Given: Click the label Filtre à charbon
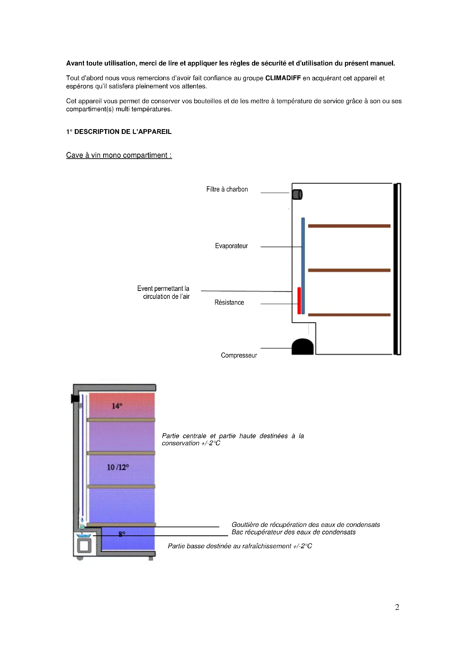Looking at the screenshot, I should tap(227, 189).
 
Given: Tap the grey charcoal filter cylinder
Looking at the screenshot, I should tap(297, 194).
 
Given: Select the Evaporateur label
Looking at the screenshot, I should tap(231, 246).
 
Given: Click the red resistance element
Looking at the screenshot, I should tap(299, 301).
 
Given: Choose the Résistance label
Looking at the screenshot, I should tap(229, 303).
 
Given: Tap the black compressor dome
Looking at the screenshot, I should tap(303, 347).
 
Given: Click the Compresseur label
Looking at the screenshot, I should tap(239, 355).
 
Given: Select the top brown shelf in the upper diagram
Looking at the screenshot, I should tap(349, 226).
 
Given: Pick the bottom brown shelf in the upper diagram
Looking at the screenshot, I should tap(349, 315).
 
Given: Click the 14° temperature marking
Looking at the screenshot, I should tap(117, 406).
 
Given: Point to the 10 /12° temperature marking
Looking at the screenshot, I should tap(118, 468).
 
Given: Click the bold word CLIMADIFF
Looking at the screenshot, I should tap(283, 78).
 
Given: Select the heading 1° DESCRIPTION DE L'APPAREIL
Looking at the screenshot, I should tap(119, 132).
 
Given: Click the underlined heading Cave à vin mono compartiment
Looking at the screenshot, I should tap(119, 155).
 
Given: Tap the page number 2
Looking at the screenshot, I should tap(397, 607).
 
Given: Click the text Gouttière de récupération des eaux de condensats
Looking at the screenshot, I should tap(306, 525).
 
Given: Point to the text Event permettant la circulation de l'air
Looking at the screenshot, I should tap(164, 293).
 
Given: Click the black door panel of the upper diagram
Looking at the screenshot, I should tap(397, 269).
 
